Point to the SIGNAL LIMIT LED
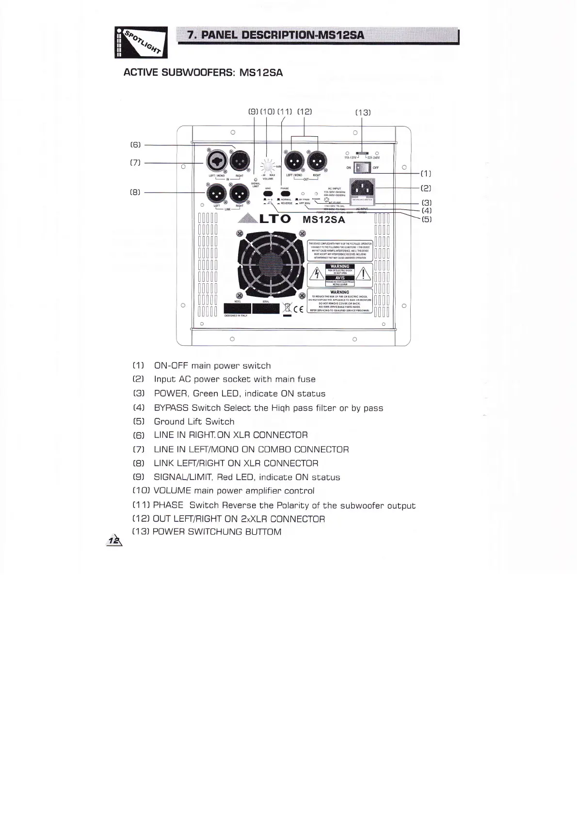tap(255, 179)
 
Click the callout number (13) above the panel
tap(363, 112)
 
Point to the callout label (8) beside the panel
tap(135, 192)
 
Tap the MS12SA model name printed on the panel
tap(323, 219)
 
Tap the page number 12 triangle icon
tap(114, 540)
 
